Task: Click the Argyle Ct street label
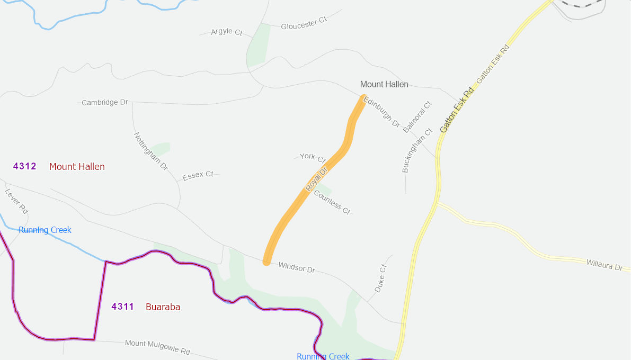[226, 32]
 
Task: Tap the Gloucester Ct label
[304, 23]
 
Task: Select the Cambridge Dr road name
[105, 102]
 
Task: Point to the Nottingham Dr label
[150, 151]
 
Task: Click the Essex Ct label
[198, 175]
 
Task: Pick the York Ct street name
[313, 157]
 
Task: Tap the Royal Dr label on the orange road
[317, 179]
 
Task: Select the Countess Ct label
[332, 202]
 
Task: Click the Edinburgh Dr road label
[381, 112]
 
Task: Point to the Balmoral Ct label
[417, 117]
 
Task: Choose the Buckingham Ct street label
[417, 150]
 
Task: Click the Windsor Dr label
[297, 267]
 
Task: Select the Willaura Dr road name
[604, 265]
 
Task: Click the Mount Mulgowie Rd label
[157, 347]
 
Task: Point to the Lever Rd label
[16, 201]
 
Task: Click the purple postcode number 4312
[25, 166]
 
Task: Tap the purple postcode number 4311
[123, 307]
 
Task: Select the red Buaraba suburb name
[163, 307]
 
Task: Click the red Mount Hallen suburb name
[77, 167]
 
